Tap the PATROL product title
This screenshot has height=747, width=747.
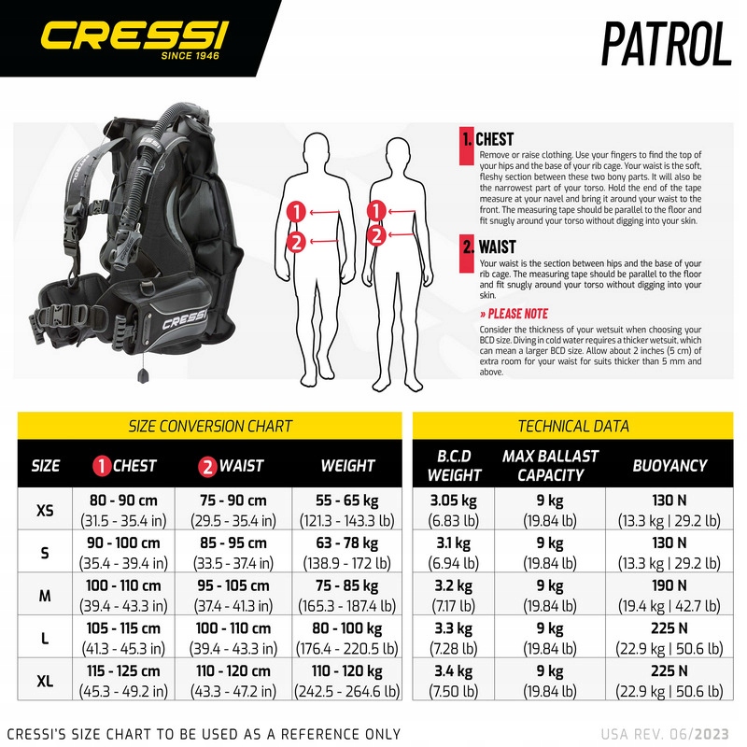[x=665, y=41]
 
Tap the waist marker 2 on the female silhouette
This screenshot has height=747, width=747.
[x=377, y=235]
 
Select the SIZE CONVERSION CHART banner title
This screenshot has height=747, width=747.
[x=210, y=426]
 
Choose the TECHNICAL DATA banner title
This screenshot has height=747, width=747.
[x=573, y=426]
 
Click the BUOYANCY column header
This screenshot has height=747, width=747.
[x=669, y=465]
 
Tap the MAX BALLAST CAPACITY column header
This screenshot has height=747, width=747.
[x=550, y=465]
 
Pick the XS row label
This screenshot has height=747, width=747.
[x=45, y=511]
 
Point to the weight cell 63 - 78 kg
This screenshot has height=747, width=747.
[x=347, y=543]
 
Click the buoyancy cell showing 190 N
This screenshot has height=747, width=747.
[x=669, y=585]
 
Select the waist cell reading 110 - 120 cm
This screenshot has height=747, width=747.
[x=233, y=670]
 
